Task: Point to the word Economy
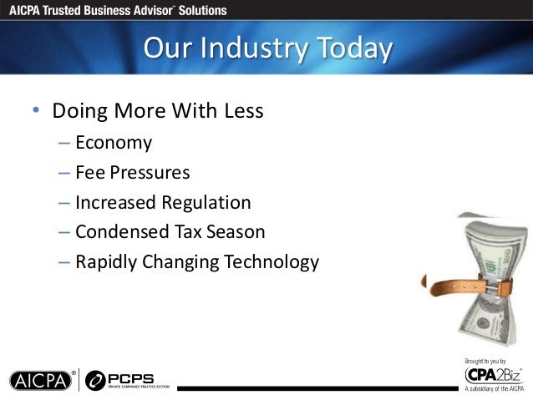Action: (114, 143)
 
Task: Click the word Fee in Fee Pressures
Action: (89, 173)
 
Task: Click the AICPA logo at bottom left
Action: (42, 380)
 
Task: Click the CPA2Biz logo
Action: (492, 376)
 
